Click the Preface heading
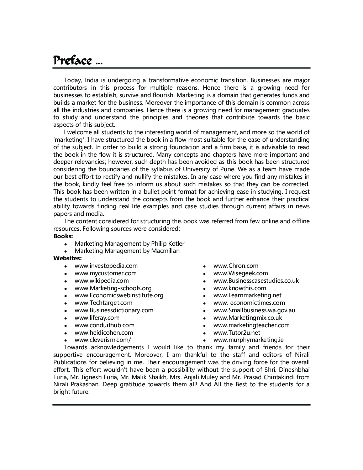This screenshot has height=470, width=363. [x=73, y=61]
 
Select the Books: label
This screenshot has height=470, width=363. [x=63, y=236]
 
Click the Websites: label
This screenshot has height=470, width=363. [x=68, y=258]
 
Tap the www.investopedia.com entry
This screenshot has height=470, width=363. [x=106, y=266]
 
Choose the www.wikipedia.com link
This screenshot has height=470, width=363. [x=101, y=281]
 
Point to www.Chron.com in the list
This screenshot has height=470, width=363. [x=236, y=266]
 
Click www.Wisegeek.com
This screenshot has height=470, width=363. [x=241, y=273]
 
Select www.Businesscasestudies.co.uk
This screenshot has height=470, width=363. [x=256, y=281]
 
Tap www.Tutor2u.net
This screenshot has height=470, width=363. [x=237, y=333]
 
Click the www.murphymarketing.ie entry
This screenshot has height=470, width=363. [x=248, y=340]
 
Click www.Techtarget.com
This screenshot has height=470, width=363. [x=103, y=303]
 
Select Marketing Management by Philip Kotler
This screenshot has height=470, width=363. [x=130, y=244]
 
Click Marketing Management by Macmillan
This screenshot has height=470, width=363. [x=127, y=251]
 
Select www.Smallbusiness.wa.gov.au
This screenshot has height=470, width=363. [x=254, y=310]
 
